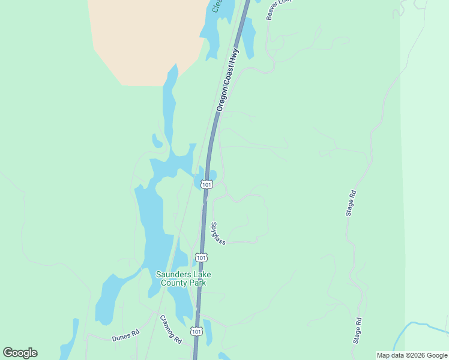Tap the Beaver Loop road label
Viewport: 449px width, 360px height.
tap(274, 8)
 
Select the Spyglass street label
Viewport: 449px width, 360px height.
tap(217, 233)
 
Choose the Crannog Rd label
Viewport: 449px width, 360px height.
tap(170, 330)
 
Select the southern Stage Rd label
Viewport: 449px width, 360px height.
tap(358, 330)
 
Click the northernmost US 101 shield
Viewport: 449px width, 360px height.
tap(206, 184)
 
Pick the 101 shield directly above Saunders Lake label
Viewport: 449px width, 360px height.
tap(202, 257)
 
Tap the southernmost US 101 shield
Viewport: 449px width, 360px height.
tap(196, 331)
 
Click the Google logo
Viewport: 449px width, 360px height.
tap(20, 353)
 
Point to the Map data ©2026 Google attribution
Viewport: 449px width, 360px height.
tap(412, 355)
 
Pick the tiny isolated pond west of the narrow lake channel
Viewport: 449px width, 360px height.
tap(157, 142)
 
